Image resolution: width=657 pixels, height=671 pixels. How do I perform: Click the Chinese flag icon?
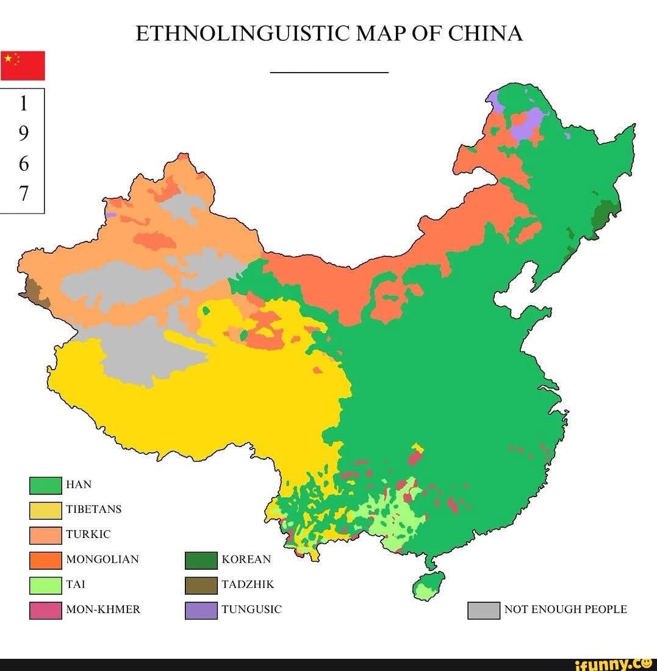[x=23, y=65]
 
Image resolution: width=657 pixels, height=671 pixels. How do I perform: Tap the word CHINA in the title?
[x=486, y=33]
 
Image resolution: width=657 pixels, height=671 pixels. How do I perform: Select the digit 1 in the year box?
[x=23, y=104]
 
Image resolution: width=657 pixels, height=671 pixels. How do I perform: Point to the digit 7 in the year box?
[x=23, y=193]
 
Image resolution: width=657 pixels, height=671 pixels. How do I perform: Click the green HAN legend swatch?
[x=45, y=485]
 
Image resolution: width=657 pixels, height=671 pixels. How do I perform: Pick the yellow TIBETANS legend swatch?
[x=45, y=510]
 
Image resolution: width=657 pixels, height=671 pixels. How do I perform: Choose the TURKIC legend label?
[x=88, y=534]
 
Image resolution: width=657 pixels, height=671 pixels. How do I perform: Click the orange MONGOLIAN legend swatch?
[x=45, y=559]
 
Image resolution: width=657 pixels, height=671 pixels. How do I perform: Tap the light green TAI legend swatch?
[x=45, y=585]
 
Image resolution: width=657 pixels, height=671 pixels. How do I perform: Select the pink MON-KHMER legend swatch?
[x=45, y=610]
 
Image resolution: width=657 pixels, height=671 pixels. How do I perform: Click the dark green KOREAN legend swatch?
[x=201, y=560]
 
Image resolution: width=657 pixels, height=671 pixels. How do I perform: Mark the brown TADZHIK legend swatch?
[x=201, y=585]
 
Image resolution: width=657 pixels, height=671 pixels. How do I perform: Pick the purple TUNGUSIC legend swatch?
[x=201, y=610]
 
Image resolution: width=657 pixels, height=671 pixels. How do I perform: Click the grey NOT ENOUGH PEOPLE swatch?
[x=483, y=610]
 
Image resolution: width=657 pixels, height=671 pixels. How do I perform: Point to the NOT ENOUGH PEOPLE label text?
[x=565, y=609]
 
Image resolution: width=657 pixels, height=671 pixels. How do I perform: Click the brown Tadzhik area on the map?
[x=37, y=293]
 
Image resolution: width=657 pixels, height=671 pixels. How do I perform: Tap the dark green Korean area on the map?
[x=605, y=213]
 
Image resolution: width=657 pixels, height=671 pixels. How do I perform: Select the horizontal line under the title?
[x=329, y=72]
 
